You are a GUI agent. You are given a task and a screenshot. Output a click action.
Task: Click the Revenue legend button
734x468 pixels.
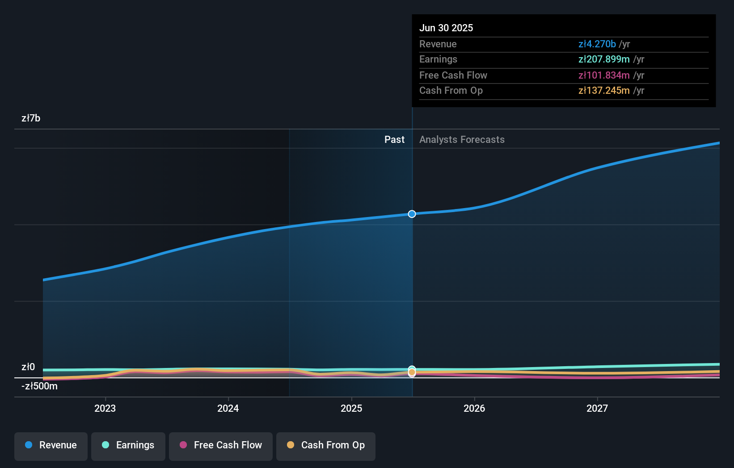51,446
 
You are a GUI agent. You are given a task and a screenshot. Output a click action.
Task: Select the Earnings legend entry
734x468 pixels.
128,446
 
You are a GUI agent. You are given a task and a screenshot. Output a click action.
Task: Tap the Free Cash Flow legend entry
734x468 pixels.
220,446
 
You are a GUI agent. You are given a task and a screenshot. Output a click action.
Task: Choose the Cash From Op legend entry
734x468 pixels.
325,446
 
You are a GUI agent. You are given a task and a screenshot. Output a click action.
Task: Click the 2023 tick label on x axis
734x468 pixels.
105,409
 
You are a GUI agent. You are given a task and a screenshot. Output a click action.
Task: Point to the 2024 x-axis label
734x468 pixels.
228,409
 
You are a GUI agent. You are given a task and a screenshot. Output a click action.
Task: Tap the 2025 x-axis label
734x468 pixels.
351,409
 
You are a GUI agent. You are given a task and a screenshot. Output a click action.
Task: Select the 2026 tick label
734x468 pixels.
474,409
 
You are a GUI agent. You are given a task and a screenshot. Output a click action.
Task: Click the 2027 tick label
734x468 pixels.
597,409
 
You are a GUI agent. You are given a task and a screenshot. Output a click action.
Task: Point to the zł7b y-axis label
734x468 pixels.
31,118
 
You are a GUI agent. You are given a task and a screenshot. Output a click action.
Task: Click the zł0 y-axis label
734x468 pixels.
28,367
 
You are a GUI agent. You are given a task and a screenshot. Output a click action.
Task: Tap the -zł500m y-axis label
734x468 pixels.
39,386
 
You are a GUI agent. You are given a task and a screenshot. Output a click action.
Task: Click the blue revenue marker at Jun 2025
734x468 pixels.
412,214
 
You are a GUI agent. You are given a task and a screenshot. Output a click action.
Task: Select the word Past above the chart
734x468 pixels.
394,140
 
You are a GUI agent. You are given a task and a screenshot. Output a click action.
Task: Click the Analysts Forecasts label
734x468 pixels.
462,140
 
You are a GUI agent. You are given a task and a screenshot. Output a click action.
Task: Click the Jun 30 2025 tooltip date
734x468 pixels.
446,28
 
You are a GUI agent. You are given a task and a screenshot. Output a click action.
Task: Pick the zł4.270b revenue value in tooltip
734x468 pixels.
597,44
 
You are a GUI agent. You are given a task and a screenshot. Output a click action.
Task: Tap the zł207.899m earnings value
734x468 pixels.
603,59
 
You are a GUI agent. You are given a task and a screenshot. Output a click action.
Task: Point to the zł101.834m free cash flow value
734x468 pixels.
603,75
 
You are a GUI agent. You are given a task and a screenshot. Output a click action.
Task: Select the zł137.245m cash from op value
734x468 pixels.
603,91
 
